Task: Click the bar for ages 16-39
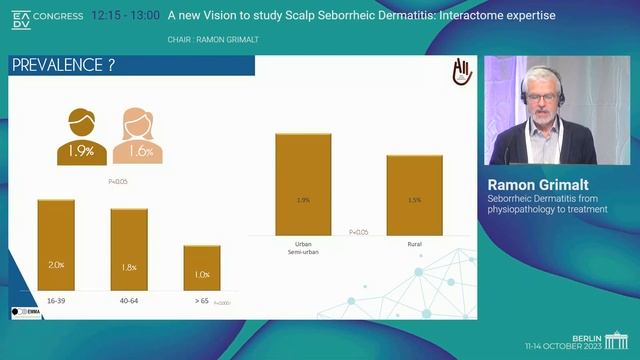click(x=56, y=245)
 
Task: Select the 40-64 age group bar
click(x=129, y=250)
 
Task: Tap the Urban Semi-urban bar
click(x=303, y=186)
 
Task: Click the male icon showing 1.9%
click(x=81, y=137)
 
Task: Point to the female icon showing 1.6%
click(x=140, y=137)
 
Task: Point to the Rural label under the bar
click(x=414, y=244)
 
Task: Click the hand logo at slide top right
click(x=462, y=72)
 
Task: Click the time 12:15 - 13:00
click(x=124, y=16)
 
